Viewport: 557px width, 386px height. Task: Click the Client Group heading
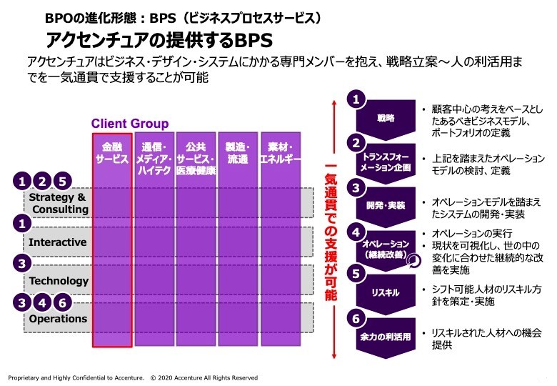129,124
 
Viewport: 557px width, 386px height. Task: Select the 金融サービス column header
111,152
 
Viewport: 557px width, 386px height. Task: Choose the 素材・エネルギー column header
280,152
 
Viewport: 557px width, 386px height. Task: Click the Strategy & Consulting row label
59,203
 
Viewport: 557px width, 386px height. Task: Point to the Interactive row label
57,242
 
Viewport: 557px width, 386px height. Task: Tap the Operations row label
58,319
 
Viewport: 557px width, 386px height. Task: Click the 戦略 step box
386,118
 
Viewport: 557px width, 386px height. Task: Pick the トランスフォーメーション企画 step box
386,161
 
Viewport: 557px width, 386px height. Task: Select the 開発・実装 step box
386,205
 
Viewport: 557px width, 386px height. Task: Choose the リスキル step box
386,292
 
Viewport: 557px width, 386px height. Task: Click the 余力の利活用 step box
386,336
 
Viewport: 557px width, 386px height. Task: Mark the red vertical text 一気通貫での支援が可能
330,229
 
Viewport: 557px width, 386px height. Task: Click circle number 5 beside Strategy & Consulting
63,182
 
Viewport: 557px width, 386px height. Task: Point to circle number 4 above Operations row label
43,302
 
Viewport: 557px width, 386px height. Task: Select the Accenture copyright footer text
133,377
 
